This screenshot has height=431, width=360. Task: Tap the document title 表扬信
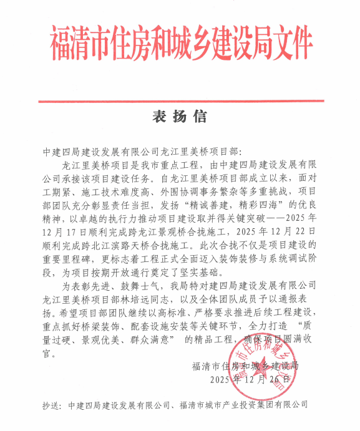(x=180, y=117)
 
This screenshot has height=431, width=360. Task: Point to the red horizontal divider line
(x=180, y=99)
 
